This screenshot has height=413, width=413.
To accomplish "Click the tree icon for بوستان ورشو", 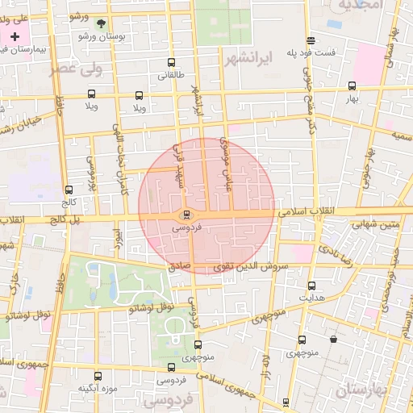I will pos(100,25).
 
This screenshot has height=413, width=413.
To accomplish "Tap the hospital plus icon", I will pos(15,37).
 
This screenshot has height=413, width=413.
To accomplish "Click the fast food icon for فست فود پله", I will pos(311,41).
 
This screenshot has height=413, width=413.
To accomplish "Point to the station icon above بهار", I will pos(352,86).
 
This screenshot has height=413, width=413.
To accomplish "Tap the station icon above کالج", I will pos(68,190).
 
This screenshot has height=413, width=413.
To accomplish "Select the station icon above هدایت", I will pos(311,286).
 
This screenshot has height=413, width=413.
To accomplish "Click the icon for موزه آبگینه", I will pos(98,376).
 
